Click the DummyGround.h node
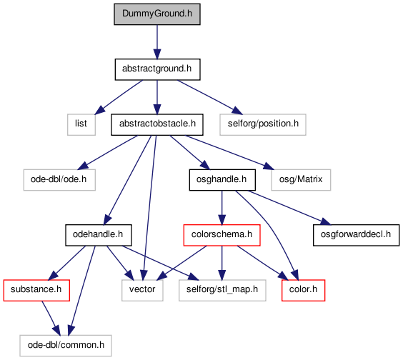point(157,14)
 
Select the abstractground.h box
point(157,69)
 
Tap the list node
point(81,124)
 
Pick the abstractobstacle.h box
point(157,124)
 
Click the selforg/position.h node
point(263,124)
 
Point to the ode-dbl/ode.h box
point(59,180)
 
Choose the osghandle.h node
point(222,180)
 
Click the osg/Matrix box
point(301,180)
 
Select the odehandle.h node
point(99,235)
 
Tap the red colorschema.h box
point(222,235)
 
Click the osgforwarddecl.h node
point(357,235)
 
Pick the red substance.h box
point(36,291)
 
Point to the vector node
point(142,291)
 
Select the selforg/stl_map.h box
point(222,291)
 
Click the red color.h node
point(303,291)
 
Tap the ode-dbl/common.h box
point(66,346)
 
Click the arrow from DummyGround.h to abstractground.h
point(157,42)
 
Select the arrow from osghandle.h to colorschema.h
point(222,208)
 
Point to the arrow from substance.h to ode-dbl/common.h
point(51,318)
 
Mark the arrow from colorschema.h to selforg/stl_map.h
point(222,263)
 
